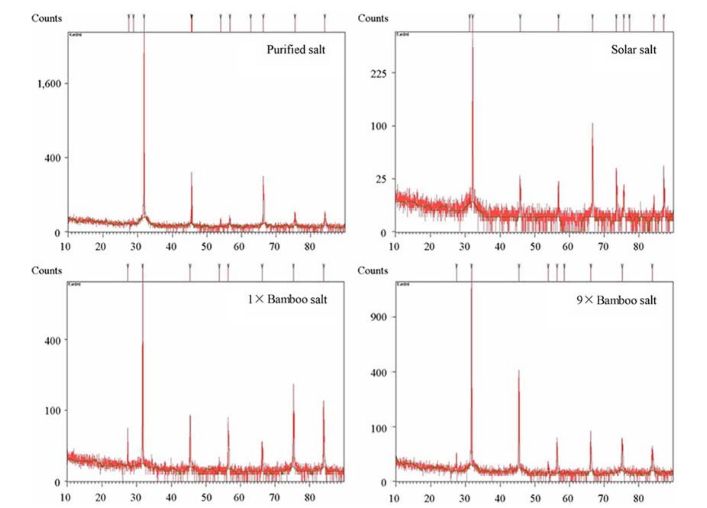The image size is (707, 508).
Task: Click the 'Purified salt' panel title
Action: click(296, 50)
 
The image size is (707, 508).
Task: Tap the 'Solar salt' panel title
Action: click(633, 50)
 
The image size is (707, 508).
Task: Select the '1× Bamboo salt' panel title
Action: click(287, 299)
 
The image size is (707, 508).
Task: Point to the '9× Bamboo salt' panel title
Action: click(616, 300)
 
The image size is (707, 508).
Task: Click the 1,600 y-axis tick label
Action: click(49, 84)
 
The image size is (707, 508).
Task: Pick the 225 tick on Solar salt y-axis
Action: click(378, 73)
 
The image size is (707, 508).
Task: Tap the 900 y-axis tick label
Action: click(378, 317)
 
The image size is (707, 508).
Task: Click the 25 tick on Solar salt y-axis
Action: click(381, 179)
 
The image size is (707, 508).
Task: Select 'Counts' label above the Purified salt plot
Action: click(47, 18)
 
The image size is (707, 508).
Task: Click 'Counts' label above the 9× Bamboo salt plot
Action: click(373, 271)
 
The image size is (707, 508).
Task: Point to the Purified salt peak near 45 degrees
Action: click(191, 174)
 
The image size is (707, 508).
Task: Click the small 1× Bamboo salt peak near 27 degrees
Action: click(128, 429)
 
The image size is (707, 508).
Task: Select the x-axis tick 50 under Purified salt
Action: click(206, 247)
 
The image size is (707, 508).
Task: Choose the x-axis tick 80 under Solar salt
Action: click(638, 247)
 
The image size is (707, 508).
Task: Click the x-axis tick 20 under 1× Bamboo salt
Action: click(101, 497)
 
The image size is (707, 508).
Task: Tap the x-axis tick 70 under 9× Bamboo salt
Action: click(603, 498)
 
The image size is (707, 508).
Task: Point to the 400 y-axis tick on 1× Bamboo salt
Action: click(53, 340)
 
